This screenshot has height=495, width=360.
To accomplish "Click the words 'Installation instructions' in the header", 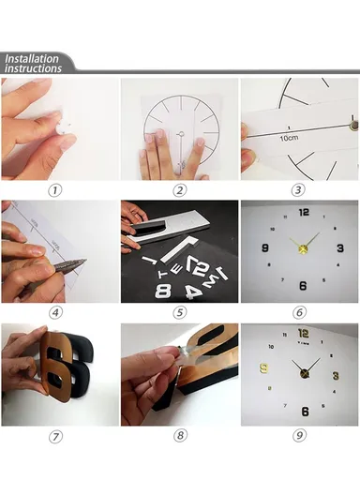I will (x=33, y=63).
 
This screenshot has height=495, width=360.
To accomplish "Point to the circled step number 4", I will (x=56, y=312).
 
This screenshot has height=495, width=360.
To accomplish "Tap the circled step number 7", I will (x=56, y=436).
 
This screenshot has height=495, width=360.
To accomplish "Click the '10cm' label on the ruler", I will (x=289, y=138).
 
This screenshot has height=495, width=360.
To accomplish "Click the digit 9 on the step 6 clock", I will (x=265, y=248).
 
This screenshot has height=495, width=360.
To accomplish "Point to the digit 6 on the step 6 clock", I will (x=302, y=286).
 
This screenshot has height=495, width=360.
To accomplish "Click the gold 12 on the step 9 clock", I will (x=303, y=334).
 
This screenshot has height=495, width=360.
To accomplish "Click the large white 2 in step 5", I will (x=200, y=269).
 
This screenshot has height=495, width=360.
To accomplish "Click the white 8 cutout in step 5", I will (x=162, y=291).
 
